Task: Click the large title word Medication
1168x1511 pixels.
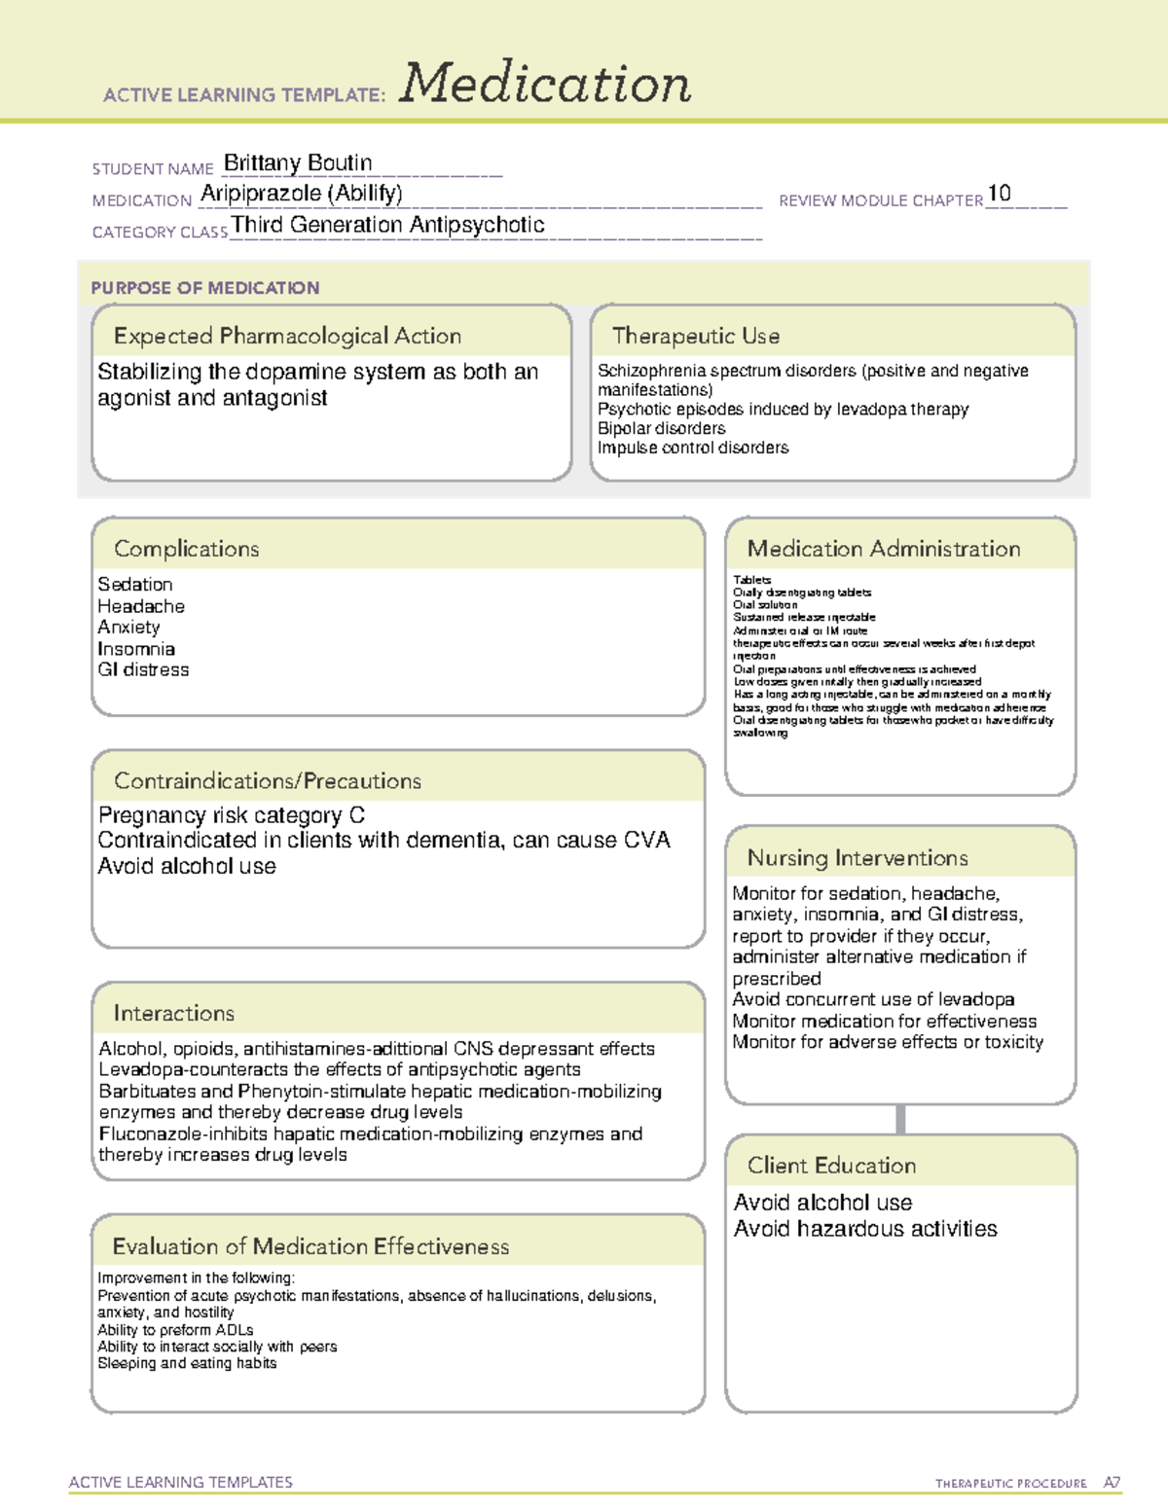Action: [545, 84]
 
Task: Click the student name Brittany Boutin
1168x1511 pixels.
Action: [297, 162]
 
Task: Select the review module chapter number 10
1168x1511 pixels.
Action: [999, 194]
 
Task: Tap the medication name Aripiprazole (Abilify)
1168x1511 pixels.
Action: [301, 194]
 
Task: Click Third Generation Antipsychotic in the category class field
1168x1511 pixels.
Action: [387, 225]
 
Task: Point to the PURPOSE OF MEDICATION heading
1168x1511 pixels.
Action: [204, 288]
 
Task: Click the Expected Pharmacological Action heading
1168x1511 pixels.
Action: [287, 336]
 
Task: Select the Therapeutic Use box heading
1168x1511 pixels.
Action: [695, 336]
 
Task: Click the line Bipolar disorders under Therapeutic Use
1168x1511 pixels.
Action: [661, 428]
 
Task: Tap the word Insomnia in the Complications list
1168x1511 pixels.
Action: [136, 649]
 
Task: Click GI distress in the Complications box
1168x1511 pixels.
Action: [143, 669]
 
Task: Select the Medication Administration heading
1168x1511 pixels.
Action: [883, 549]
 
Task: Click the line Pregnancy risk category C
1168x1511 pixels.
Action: [232, 815]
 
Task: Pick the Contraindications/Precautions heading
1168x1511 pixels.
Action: [267, 781]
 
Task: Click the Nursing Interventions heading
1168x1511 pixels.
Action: [857, 858]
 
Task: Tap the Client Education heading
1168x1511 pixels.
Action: [831, 1166]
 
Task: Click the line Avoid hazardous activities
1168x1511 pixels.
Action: [864, 1229]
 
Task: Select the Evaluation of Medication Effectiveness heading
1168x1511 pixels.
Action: [310, 1246]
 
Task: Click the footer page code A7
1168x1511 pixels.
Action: [1111, 1483]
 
